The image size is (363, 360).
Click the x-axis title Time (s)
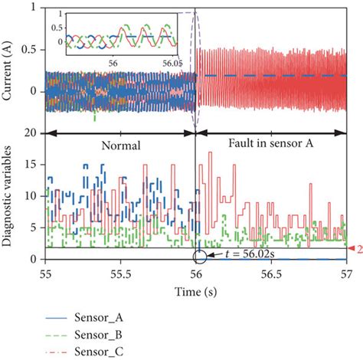click(x=197, y=291)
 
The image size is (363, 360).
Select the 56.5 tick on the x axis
click(x=272, y=273)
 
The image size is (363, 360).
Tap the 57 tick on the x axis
click(x=347, y=273)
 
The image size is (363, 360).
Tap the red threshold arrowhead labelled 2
click(x=354, y=249)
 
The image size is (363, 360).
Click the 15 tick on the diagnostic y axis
click(x=31, y=164)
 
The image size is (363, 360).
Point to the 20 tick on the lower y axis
click(x=31, y=133)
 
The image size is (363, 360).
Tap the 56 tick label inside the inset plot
click(x=113, y=64)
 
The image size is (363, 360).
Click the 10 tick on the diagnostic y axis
click(x=31, y=195)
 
